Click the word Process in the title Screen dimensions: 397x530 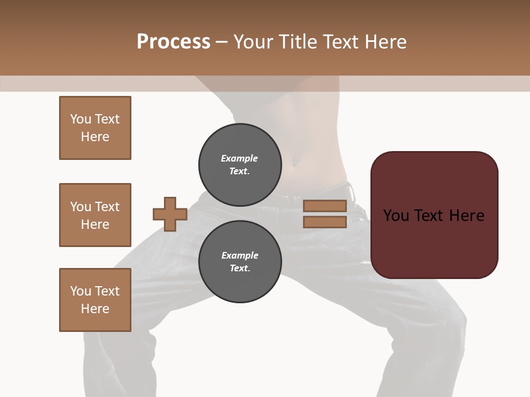[173, 42]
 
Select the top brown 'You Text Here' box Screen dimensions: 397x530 [95, 128]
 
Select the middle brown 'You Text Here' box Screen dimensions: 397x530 [95, 215]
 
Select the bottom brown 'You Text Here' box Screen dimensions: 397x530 [95, 300]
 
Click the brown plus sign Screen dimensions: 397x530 [170, 214]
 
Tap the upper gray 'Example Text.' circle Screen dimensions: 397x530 [240, 165]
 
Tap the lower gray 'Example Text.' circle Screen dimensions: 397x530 [240, 262]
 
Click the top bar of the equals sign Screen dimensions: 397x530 [325, 206]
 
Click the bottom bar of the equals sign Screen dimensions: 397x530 [325, 222]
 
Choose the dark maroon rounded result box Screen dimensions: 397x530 [434, 243]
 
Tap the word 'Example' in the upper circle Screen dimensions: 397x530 [240, 158]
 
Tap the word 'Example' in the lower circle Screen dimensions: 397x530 [240, 255]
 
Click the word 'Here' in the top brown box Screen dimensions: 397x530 [95, 137]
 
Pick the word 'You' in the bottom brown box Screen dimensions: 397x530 [80, 291]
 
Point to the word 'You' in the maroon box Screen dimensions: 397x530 [396, 216]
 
